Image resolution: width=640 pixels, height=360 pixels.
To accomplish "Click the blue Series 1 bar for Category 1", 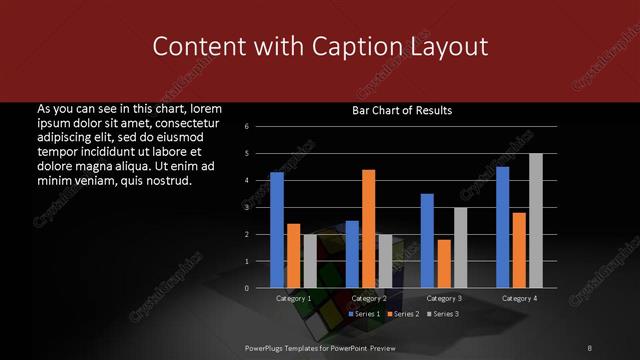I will [x=277, y=230].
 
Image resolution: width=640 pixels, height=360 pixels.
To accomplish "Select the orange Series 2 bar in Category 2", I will [x=368, y=229].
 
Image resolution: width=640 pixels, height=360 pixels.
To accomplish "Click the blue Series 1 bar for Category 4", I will [x=502, y=227].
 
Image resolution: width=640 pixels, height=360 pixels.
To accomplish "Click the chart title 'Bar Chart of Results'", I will [x=402, y=110].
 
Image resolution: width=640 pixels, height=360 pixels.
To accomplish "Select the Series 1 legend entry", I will [x=363, y=314].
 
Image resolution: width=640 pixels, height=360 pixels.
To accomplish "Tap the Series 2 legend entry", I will [x=402, y=314].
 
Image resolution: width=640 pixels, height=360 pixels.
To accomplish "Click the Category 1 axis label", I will [x=293, y=298].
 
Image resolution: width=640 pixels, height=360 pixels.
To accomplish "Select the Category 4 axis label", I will [x=518, y=298].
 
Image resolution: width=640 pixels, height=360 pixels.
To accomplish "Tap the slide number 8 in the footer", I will [x=590, y=347].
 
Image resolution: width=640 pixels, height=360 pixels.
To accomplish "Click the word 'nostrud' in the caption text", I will [x=164, y=181].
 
